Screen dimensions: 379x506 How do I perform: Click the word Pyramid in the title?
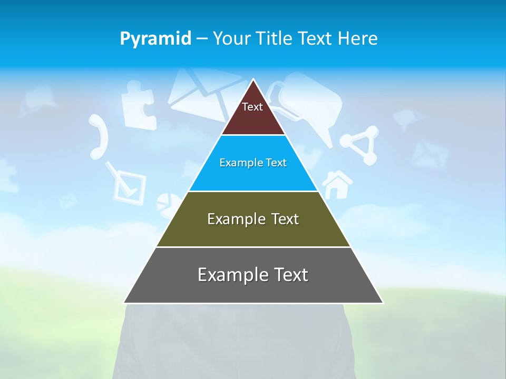coord(155,39)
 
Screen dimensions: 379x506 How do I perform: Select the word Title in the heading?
coord(275,38)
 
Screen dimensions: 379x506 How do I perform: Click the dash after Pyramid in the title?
coord(201,39)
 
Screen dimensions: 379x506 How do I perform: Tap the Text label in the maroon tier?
coord(252,107)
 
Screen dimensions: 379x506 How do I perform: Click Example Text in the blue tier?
coord(253,163)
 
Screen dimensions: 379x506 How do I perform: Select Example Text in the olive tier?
coord(253,219)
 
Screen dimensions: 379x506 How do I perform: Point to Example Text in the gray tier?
coord(253,275)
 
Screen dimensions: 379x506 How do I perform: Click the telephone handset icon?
coord(99,136)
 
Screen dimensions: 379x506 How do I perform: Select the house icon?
coord(337,184)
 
